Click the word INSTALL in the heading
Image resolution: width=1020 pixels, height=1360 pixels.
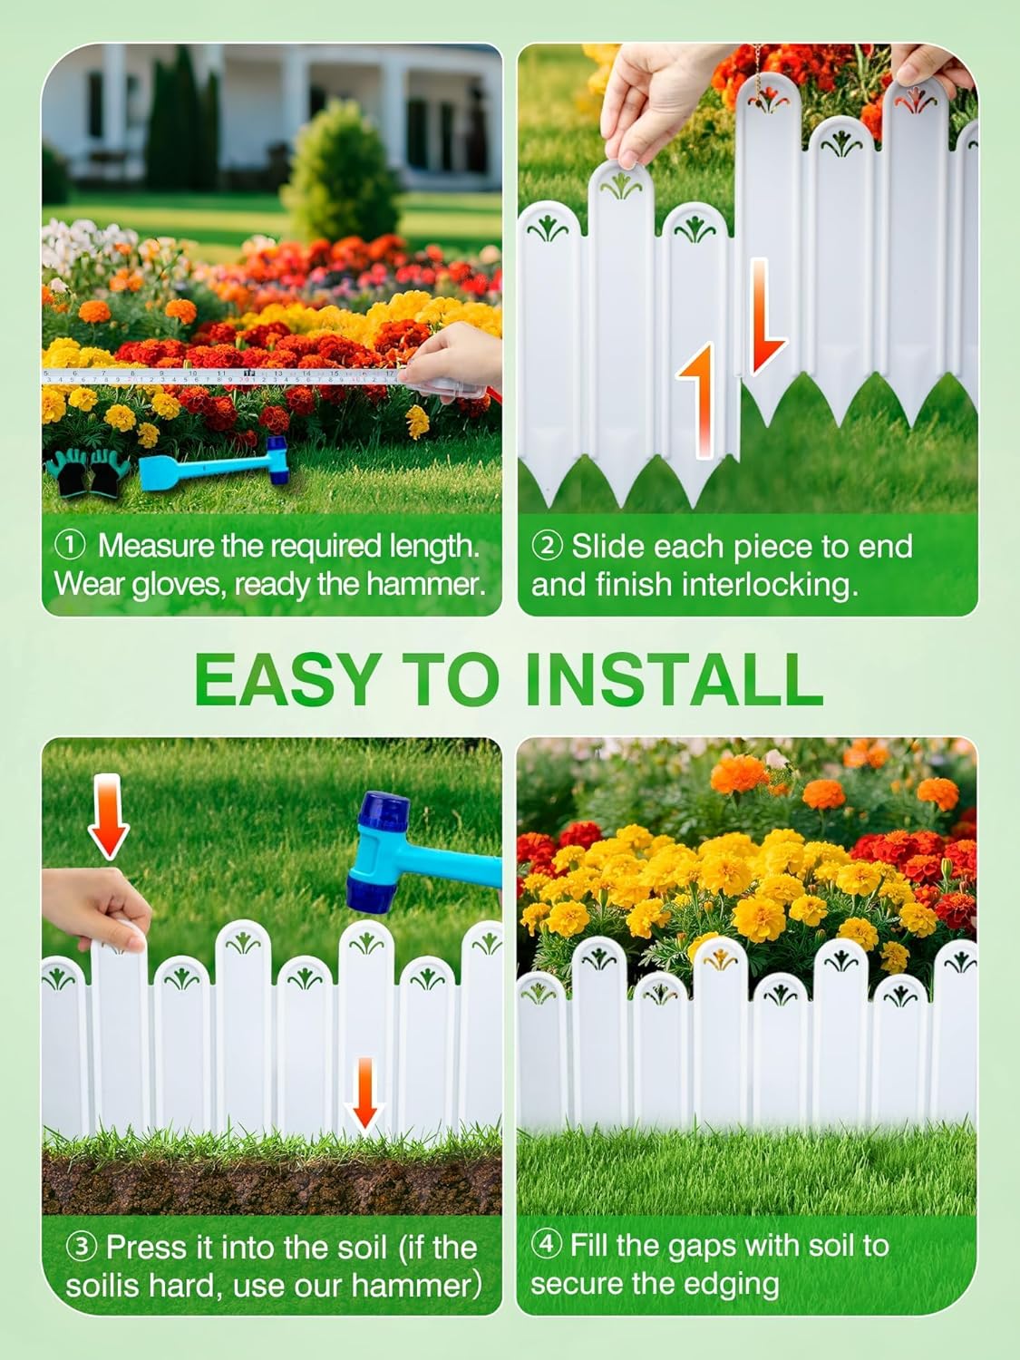click(674, 679)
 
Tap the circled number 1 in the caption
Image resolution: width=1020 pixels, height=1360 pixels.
click(71, 546)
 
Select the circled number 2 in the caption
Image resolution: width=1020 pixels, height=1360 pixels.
click(547, 546)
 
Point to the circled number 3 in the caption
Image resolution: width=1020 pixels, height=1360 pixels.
click(83, 1247)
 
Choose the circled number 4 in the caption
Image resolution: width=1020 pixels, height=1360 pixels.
click(547, 1245)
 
